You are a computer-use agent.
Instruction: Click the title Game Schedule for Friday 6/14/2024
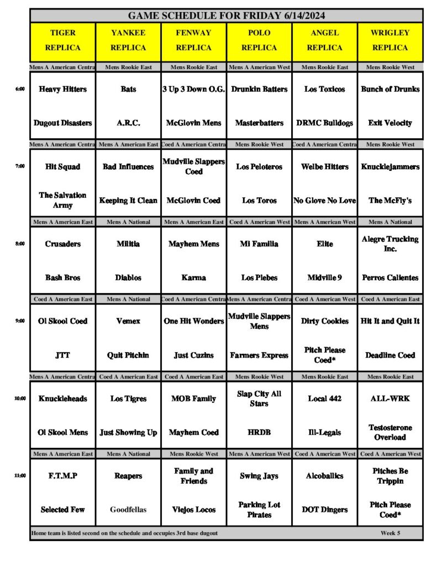[x=227, y=15]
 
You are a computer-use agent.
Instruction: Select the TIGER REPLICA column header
[x=62, y=40]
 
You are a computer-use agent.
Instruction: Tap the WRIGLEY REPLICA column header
[x=390, y=40]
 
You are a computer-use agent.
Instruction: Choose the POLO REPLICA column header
[x=259, y=40]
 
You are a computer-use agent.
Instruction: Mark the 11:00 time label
[x=20, y=476]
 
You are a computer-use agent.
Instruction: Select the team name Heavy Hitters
[x=62, y=89]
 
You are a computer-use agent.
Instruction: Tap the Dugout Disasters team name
[x=62, y=123]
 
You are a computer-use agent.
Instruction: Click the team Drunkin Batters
[x=259, y=89]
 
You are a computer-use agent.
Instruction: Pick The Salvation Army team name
[x=62, y=200]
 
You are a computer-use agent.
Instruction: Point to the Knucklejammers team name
[x=390, y=166]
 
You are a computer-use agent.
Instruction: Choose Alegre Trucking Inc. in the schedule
[x=390, y=244]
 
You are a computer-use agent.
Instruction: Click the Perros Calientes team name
[x=390, y=277]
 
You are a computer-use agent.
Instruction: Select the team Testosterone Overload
[x=390, y=432]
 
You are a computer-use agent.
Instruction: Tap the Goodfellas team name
[x=128, y=510]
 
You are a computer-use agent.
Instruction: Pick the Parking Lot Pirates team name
[x=259, y=510]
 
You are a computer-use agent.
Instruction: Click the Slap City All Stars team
[x=259, y=399]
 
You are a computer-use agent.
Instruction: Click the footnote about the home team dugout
[x=124, y=533]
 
